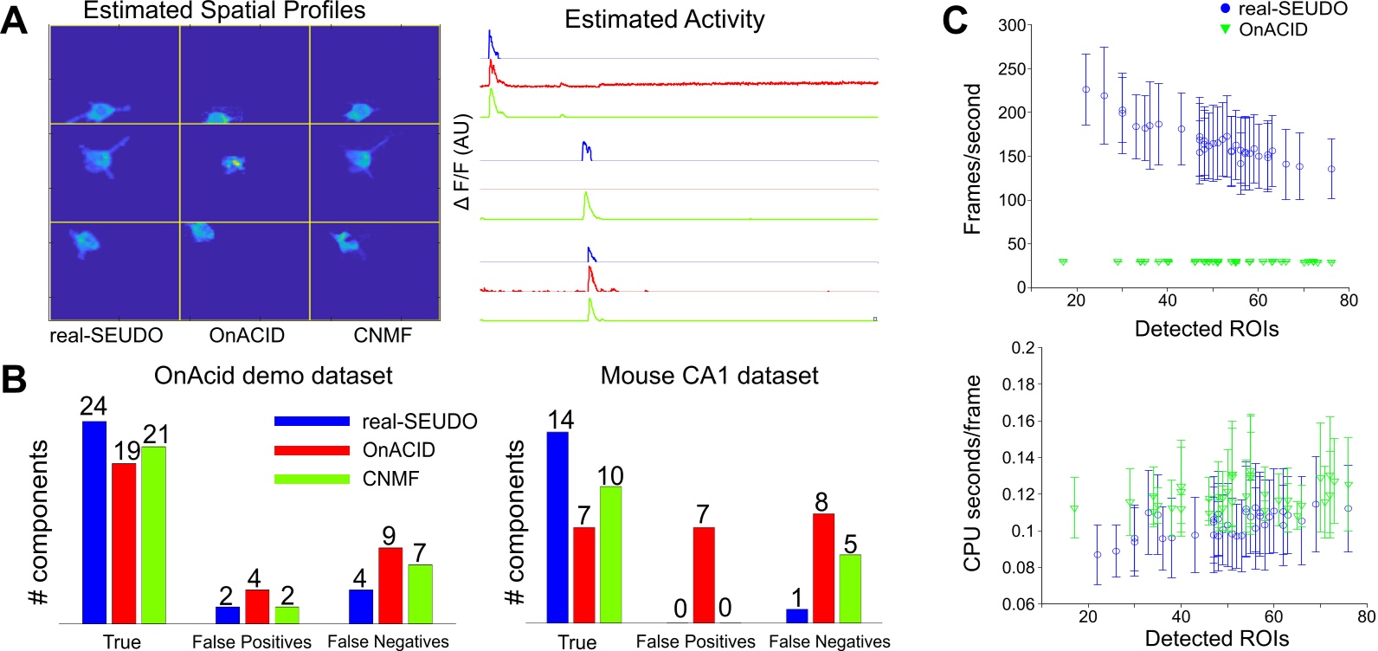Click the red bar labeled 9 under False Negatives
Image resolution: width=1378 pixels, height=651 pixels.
[x=390, y=584]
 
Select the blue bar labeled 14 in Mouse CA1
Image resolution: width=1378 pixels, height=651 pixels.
[x=558, y=526]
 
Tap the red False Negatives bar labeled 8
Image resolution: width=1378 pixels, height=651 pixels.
[x=823, y=567]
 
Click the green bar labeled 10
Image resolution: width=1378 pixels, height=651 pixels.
[x=610, y=554]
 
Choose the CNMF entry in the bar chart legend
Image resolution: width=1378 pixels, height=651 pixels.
[x=390, y=479]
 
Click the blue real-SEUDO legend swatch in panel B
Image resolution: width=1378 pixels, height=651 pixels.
[x=312, y=422]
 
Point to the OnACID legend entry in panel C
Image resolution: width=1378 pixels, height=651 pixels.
[x=1272, y=29]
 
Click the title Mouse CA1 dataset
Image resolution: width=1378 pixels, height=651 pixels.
[x=709, y=376]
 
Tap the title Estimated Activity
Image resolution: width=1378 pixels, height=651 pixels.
[x=664, y=20]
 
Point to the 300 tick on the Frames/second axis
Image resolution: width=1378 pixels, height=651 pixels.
[x=1012, y=25]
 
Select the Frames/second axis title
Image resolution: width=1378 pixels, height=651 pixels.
[x=973, y=158]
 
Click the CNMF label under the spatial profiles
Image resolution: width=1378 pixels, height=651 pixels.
[x=383, y=335]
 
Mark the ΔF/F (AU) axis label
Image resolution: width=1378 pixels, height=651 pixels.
[x=463, y=161]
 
